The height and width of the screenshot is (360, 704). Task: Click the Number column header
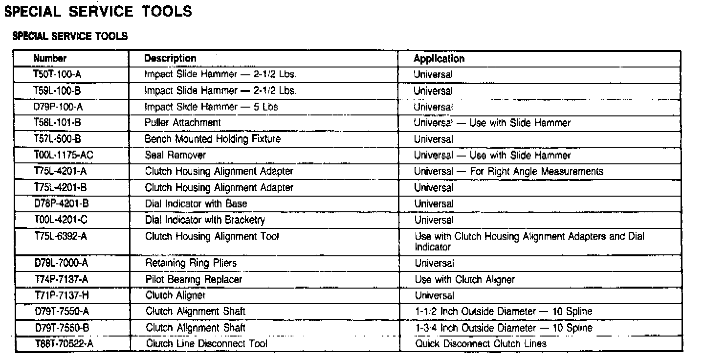tap(50, 58)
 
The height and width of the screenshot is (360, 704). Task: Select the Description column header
tap(170, 58)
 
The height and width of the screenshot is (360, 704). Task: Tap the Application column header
tap(439, 59)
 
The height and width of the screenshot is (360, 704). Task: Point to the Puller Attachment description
tap(183, 123)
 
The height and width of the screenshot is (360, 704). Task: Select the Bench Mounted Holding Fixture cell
tap(213, 139)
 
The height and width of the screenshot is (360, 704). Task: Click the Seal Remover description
tap(176, 155)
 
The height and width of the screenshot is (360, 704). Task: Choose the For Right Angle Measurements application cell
tap(508, 172)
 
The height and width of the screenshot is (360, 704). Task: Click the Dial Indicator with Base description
tap(196, 203)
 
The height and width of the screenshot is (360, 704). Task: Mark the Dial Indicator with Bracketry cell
tap(205, 220)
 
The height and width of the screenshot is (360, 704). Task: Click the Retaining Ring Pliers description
tap(191, 264)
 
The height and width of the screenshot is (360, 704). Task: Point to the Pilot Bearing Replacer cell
tap(194, 280)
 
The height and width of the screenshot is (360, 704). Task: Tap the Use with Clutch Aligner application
tap(464, 280)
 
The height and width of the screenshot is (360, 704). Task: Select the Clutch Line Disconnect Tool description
tap(207, 344)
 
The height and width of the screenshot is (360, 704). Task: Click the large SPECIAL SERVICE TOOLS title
tap(98, 12)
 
